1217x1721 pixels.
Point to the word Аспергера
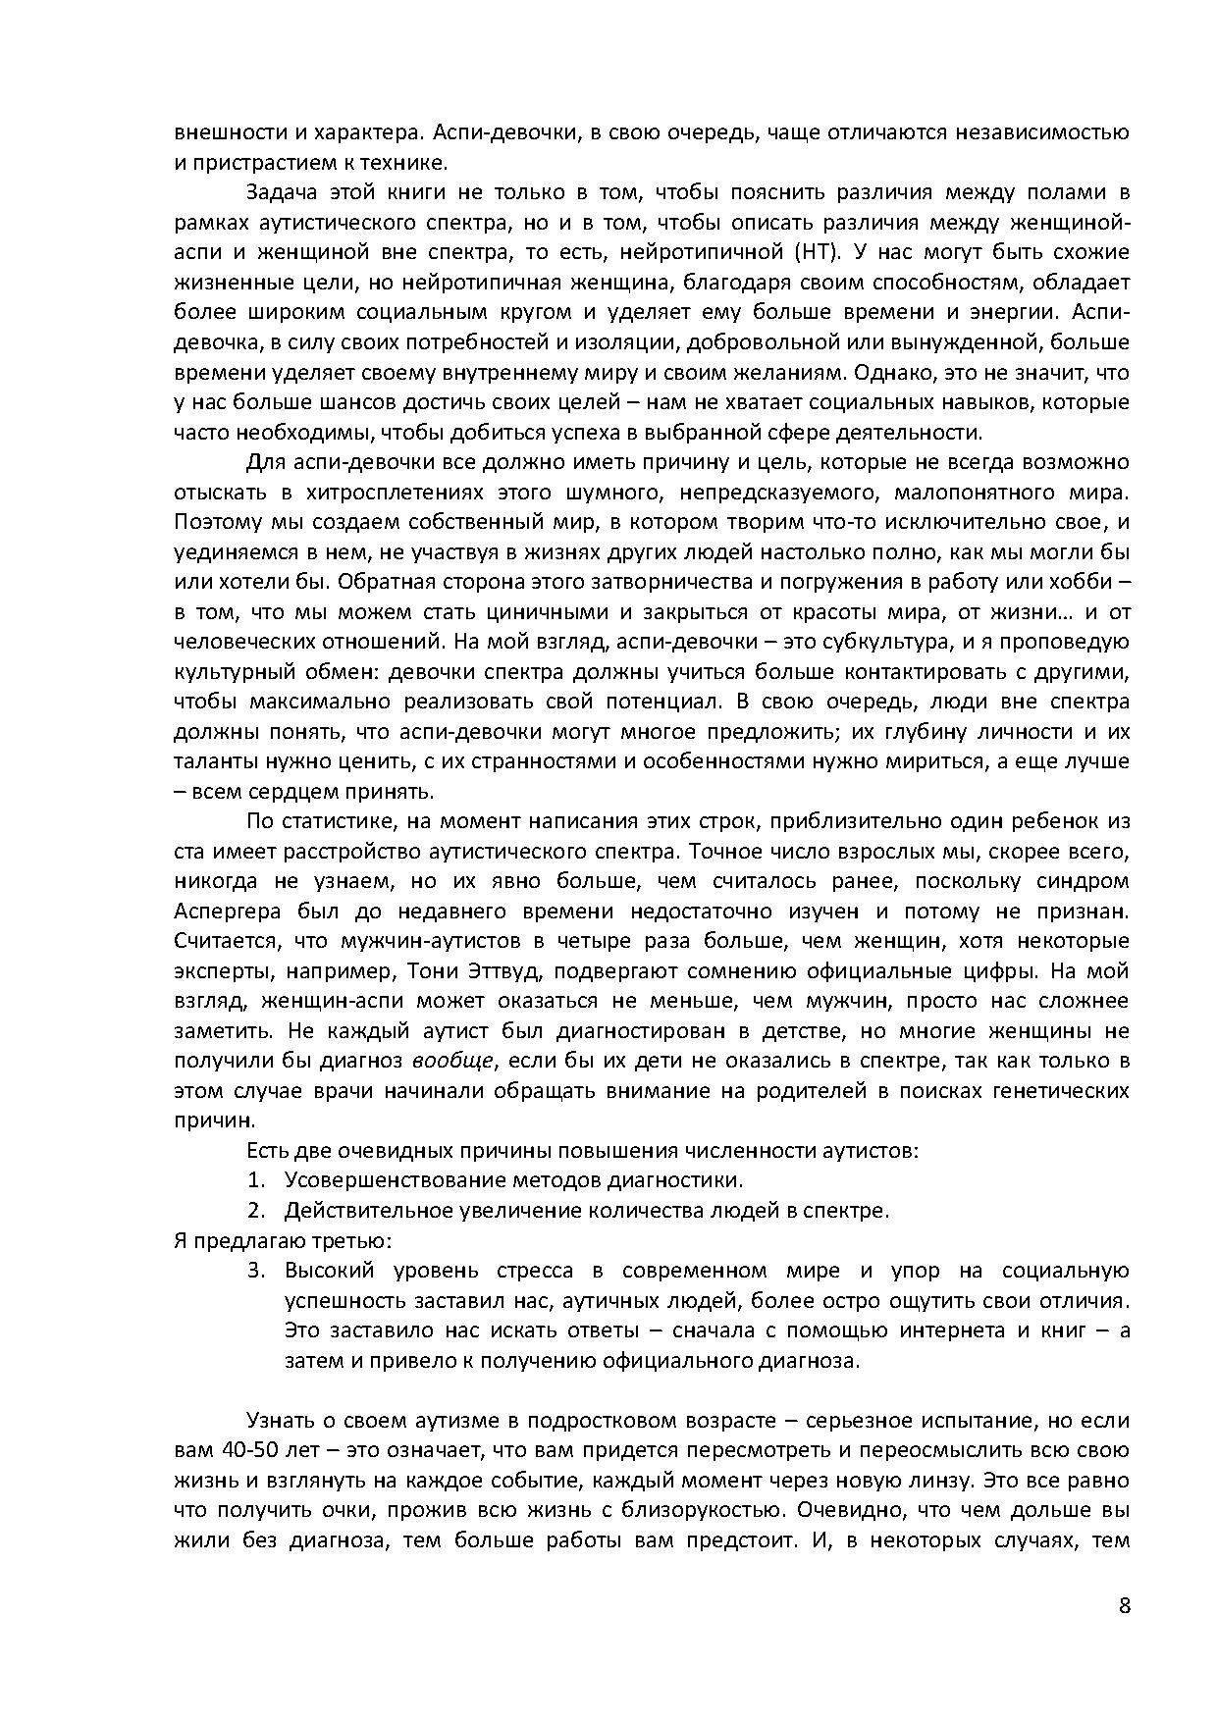(221, 911)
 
